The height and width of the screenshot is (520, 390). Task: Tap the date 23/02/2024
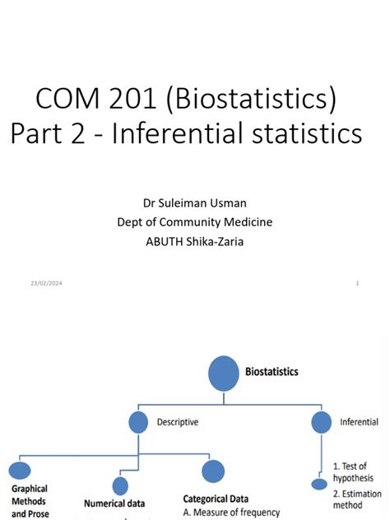pyautogui.click(x=47, y=284)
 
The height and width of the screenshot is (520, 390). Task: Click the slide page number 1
pyautogui.click(x=358, y=284)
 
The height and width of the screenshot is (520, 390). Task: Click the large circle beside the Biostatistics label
pyautogui.click(x=224, y=373)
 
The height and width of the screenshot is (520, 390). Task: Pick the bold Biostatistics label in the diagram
pyautogui.click(x=272, y=372)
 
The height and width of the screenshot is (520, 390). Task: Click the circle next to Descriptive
pyautogui.click(x=139, y=423)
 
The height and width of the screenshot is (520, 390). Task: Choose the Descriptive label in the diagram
pyautogui.click(x=177, y=422)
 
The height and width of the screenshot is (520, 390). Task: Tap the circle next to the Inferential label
pyautogui.click(x=322, y=423)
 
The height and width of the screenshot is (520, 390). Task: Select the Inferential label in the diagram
pyautogui.click(x=359, y=422)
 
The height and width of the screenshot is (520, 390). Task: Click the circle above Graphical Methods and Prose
pyautogui.click(x=20, y=471)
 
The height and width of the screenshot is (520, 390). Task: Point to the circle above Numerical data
pyautogui.click(x=120, y=485)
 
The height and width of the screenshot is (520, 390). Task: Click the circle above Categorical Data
pyautogui.click(x=212, y=471)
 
